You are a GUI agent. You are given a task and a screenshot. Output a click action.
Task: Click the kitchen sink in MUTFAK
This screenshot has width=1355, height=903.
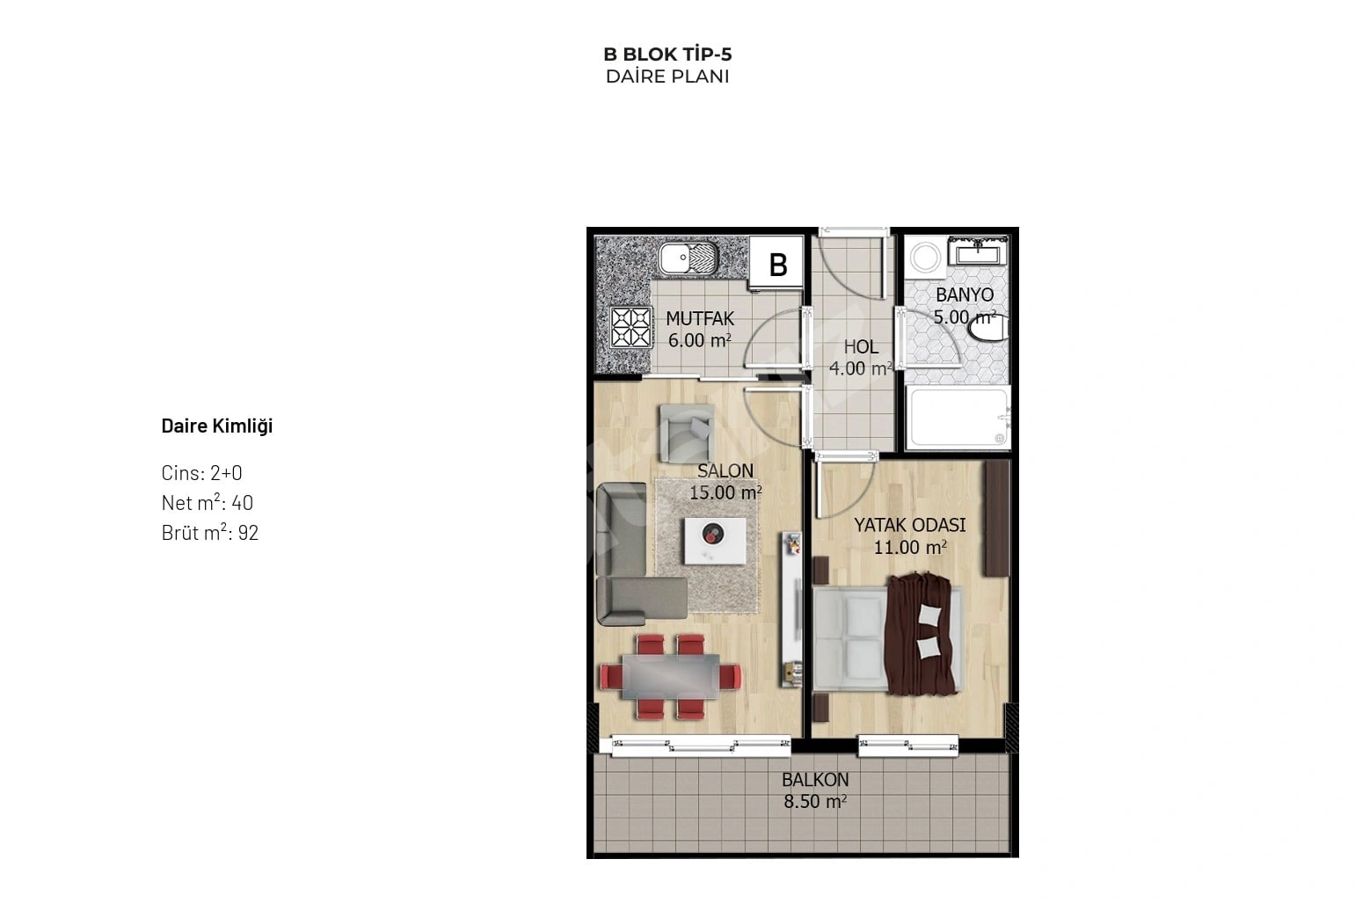coord(688,259)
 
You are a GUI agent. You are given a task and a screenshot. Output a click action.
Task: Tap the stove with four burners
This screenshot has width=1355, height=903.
coord(631,327)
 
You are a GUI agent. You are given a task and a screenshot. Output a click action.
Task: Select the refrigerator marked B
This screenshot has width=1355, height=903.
coord(776,263)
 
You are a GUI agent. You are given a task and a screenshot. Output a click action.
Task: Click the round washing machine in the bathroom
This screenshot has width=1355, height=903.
coord(925,258)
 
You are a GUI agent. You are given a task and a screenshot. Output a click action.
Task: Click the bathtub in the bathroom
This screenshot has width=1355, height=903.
coord(958,418)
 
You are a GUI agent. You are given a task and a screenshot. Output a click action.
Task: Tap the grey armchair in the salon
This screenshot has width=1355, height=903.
coord(687,433)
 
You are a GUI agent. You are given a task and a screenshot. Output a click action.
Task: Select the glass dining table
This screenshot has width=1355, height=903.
coord(671,676)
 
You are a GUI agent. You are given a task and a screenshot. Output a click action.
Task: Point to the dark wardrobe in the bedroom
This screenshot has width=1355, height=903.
coord(997,519)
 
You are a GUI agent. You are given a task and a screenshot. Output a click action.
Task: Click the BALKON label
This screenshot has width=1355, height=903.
coord(815,780)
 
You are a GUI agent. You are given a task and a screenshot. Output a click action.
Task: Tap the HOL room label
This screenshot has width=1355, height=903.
coord(861,346)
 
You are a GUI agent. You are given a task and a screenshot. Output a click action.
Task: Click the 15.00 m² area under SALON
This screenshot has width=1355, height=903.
coord(725,492)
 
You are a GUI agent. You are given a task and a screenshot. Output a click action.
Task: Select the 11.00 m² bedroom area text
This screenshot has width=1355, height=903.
coord(910,548)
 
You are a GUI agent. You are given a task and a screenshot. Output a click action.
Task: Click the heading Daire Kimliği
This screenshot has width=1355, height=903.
coord(217,426)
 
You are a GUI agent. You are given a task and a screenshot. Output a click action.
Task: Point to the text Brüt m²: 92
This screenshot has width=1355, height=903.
coord(210,532)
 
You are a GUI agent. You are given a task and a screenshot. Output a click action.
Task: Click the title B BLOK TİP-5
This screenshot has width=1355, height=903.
coord(667,55)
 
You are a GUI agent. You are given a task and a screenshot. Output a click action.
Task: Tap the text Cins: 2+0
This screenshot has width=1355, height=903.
coord(201,472)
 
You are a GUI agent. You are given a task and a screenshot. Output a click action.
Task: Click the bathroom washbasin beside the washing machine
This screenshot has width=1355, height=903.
coord(978,251)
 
